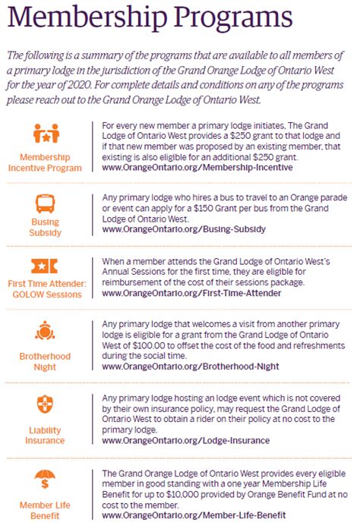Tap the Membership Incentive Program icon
(46, 134)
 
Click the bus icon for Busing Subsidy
(46, 203)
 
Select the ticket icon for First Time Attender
(46, 266)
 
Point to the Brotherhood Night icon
(46, 331)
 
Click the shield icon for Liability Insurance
(46, 403)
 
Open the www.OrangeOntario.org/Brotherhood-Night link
(190, 366)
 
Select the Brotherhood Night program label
(46, 361)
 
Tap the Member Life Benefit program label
(46, 509)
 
